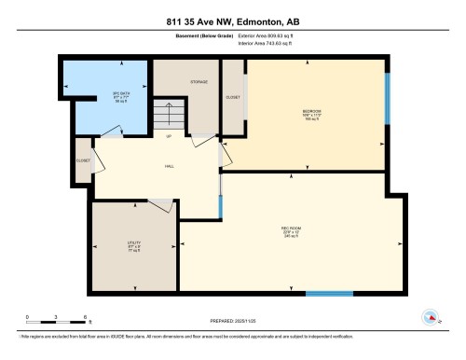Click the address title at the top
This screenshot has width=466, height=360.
click(232, 19)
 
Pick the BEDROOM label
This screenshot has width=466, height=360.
click(311, 113)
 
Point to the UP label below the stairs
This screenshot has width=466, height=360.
click(169, 137)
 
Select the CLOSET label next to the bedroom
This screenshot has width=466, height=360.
click(234, 97)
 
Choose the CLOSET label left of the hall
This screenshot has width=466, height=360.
click(82, 160)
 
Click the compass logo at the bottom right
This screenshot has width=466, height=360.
click(431, 315)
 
